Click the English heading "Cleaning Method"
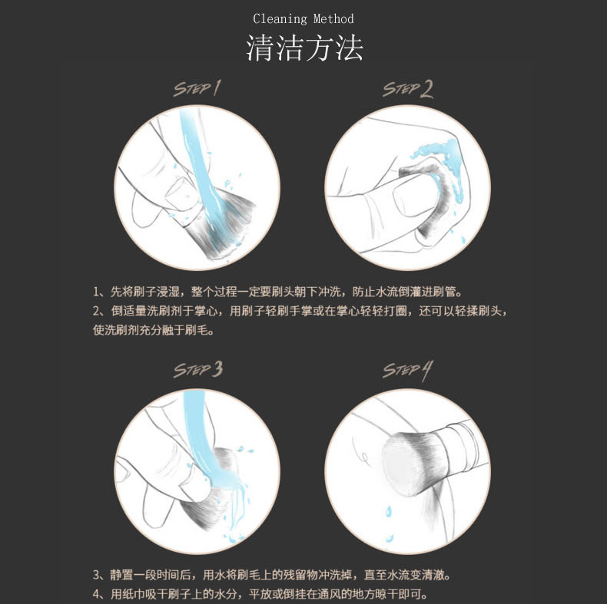303,19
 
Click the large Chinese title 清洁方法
305,48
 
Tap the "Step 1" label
197,88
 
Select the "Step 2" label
408,89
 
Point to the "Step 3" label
197,369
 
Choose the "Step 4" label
407,370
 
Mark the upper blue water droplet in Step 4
388,512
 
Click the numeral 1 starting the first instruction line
96,292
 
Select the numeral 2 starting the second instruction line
96,311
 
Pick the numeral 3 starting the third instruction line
96,575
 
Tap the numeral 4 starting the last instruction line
96,594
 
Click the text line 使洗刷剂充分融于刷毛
154,330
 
